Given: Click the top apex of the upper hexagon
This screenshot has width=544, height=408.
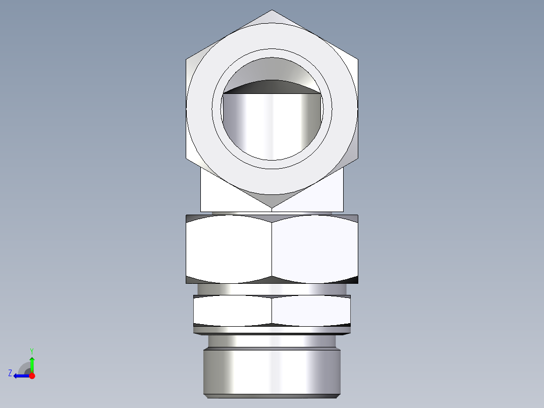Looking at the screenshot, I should point(272,10).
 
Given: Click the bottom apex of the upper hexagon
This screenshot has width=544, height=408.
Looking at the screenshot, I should point(272,208).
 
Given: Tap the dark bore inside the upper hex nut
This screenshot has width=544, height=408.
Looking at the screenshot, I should point(272,121).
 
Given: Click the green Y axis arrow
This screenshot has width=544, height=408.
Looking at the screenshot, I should point(32,363).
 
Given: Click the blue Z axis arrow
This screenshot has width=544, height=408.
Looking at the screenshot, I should point(20,376).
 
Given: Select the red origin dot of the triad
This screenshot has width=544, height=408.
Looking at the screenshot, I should point(32,376).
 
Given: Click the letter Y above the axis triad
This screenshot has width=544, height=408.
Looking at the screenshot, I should point(31,350).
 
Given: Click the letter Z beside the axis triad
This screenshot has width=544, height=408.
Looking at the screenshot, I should point(10,373).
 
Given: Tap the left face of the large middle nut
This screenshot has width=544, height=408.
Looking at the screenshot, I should point(229,249).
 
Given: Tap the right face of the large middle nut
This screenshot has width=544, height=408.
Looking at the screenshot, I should point(315,249).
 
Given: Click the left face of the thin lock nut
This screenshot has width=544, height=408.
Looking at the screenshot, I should point(232,310).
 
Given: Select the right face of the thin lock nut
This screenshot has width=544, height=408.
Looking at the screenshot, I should point(311,310).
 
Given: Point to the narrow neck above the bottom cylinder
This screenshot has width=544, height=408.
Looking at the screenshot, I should point(272,341).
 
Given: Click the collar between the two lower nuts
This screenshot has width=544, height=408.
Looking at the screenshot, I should point(272,289).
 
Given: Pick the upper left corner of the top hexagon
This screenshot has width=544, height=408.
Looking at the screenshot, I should point(186,59).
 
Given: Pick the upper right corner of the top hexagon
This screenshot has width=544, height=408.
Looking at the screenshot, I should point(358,59).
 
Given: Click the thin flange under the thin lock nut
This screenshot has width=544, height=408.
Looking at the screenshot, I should point(272,330).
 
